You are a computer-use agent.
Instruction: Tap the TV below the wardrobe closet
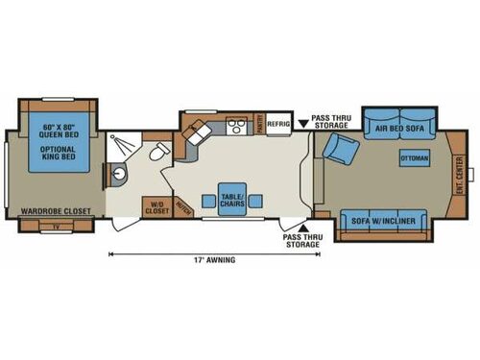[x=57, y=226]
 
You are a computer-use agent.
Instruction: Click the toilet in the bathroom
[x=159, y=152]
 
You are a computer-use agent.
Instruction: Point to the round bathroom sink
[x=120, y=174]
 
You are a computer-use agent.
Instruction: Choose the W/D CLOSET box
[x=155, y=206]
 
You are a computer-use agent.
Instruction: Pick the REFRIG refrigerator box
[x=278, y=123]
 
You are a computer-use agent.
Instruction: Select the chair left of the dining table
[x=207, y=201]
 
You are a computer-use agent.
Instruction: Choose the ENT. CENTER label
[x=458, y=175]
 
